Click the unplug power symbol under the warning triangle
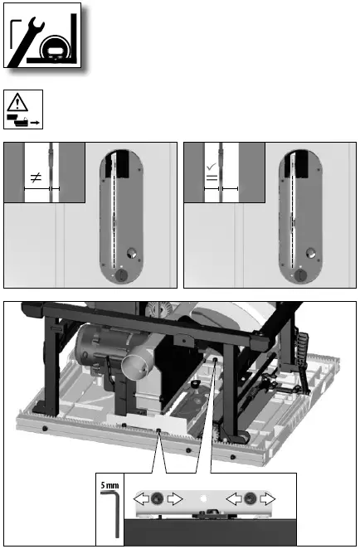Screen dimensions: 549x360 (x=24, y=121)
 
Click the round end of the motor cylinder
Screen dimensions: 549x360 (x=134, y=367)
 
